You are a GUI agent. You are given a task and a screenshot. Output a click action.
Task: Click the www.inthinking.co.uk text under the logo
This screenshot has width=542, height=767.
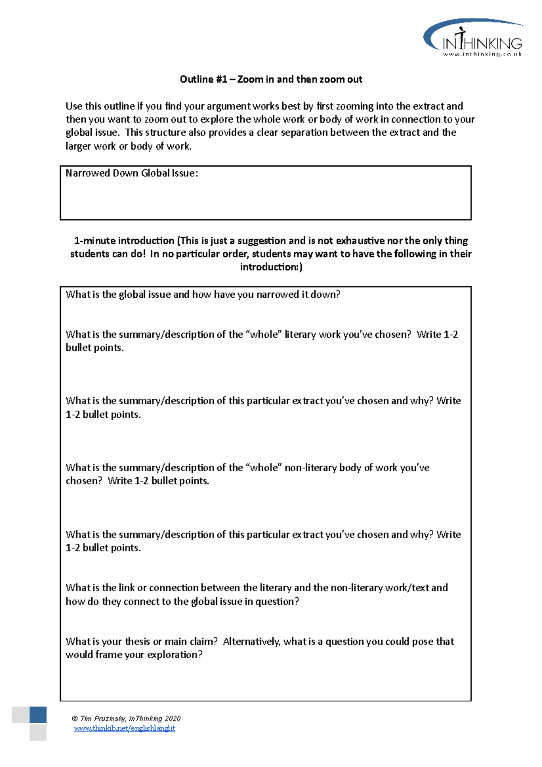pyautogui.click(x=482, y=54)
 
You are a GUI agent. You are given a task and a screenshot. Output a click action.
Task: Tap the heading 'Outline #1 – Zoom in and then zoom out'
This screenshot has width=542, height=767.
pyautogui.click(x=271, y=80)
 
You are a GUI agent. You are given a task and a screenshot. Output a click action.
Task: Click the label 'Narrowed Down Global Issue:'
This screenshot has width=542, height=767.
pyautogui.click(x=131, y=173)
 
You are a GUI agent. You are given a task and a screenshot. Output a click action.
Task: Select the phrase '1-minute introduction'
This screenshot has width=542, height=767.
pyautogui.click(x=124, y=241)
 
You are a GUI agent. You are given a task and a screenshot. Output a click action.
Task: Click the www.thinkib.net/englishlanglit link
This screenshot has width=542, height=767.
pyautogui.click(x=124, y=728)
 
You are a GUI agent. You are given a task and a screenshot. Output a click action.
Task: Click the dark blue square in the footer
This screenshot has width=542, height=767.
pyautogui.click(x=38, y=715)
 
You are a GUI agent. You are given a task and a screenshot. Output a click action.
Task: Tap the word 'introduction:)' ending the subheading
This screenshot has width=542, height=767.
pyautogui.click(x=271, y=267)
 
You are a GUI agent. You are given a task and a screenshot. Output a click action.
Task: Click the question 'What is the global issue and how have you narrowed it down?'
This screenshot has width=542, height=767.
pyautogui.click(x=203, y=295)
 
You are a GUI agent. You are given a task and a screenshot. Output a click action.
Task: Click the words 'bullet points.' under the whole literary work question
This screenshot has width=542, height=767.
pyautogui.click(x=94, y=348)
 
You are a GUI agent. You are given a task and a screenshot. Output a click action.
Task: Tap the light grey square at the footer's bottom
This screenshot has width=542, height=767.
pyautogui.click(x=38, y=733)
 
